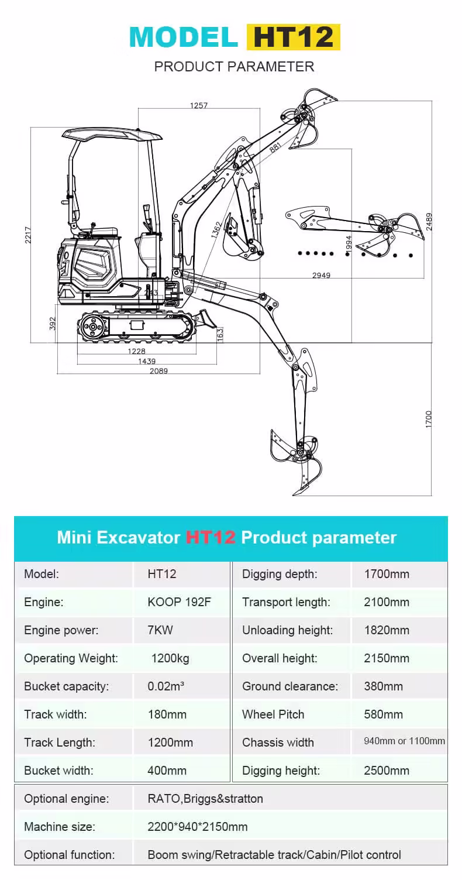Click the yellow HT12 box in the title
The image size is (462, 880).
point(293,37)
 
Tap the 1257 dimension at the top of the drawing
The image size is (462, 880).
point(199,105)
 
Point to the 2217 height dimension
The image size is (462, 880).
point(27,235)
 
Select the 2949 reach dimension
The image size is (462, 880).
point(320,275)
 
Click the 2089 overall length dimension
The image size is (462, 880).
point(158,371)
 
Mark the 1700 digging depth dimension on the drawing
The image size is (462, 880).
point(429,419)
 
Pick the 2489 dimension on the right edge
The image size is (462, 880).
point(429,222)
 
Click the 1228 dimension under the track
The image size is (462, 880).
point(136,351)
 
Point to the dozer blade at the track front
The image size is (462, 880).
point(205,319)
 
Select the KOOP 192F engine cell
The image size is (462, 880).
point(179,602)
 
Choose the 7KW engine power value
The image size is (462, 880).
point(160,630)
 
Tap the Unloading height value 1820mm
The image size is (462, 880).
point(387,630)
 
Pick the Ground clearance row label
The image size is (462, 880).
point(290,686)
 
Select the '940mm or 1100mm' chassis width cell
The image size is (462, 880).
point(404,741)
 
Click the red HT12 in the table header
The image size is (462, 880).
point(211,538)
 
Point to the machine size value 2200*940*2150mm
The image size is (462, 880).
point(198,827)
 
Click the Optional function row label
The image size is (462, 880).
point(69,855)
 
